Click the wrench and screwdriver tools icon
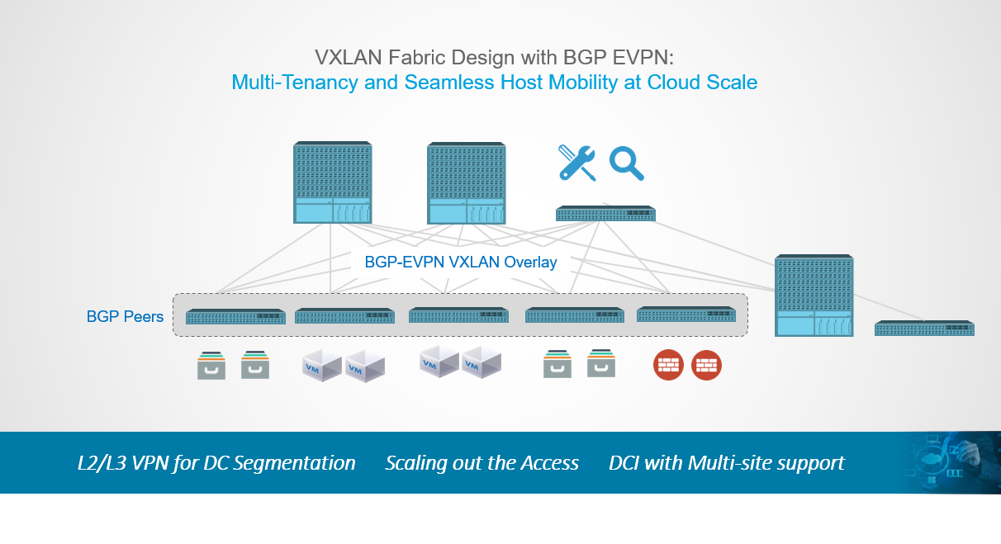click(x=577, y=163)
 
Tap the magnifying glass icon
click(x=626, y=163)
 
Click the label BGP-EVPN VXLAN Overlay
click(x=461, y=263)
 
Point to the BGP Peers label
click(x=125, y=317)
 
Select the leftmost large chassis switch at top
click(x=332, y=182)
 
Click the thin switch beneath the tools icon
click(x=605, y=214)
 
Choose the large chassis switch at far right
click(x=814, y=296)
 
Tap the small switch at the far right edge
click(x=924, y=329)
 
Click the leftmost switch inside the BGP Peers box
click(x=235, y=316)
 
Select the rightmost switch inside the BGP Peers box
click(x=686, y=315)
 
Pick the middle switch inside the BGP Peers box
click(x=458, y=315)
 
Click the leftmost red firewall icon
click(x=667, y=365)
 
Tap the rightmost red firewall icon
click(x=706, y=365)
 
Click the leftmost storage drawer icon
click(x=211, y=365)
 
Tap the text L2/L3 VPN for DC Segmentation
click(x=216, y=463)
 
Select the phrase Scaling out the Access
click(x=482, y=463)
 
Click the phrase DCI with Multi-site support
click(x=726, y=463)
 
